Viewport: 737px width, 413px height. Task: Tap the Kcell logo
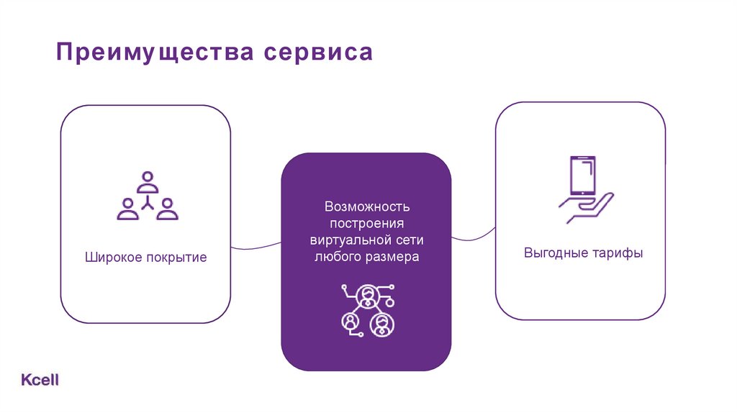point(40,380)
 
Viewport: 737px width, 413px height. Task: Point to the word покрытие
point(177,257)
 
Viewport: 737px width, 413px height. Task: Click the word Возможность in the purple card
point(366,206)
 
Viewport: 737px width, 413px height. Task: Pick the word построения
point(366,223)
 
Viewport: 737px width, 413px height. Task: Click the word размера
point(392,256)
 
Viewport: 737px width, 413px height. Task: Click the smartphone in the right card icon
point(582,175)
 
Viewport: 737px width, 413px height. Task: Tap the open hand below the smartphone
point(587,209)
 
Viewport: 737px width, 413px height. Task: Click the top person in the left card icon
point(148,181)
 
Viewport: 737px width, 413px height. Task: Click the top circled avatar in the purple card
point(368,295)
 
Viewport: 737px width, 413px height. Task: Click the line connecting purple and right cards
point(473,234)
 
